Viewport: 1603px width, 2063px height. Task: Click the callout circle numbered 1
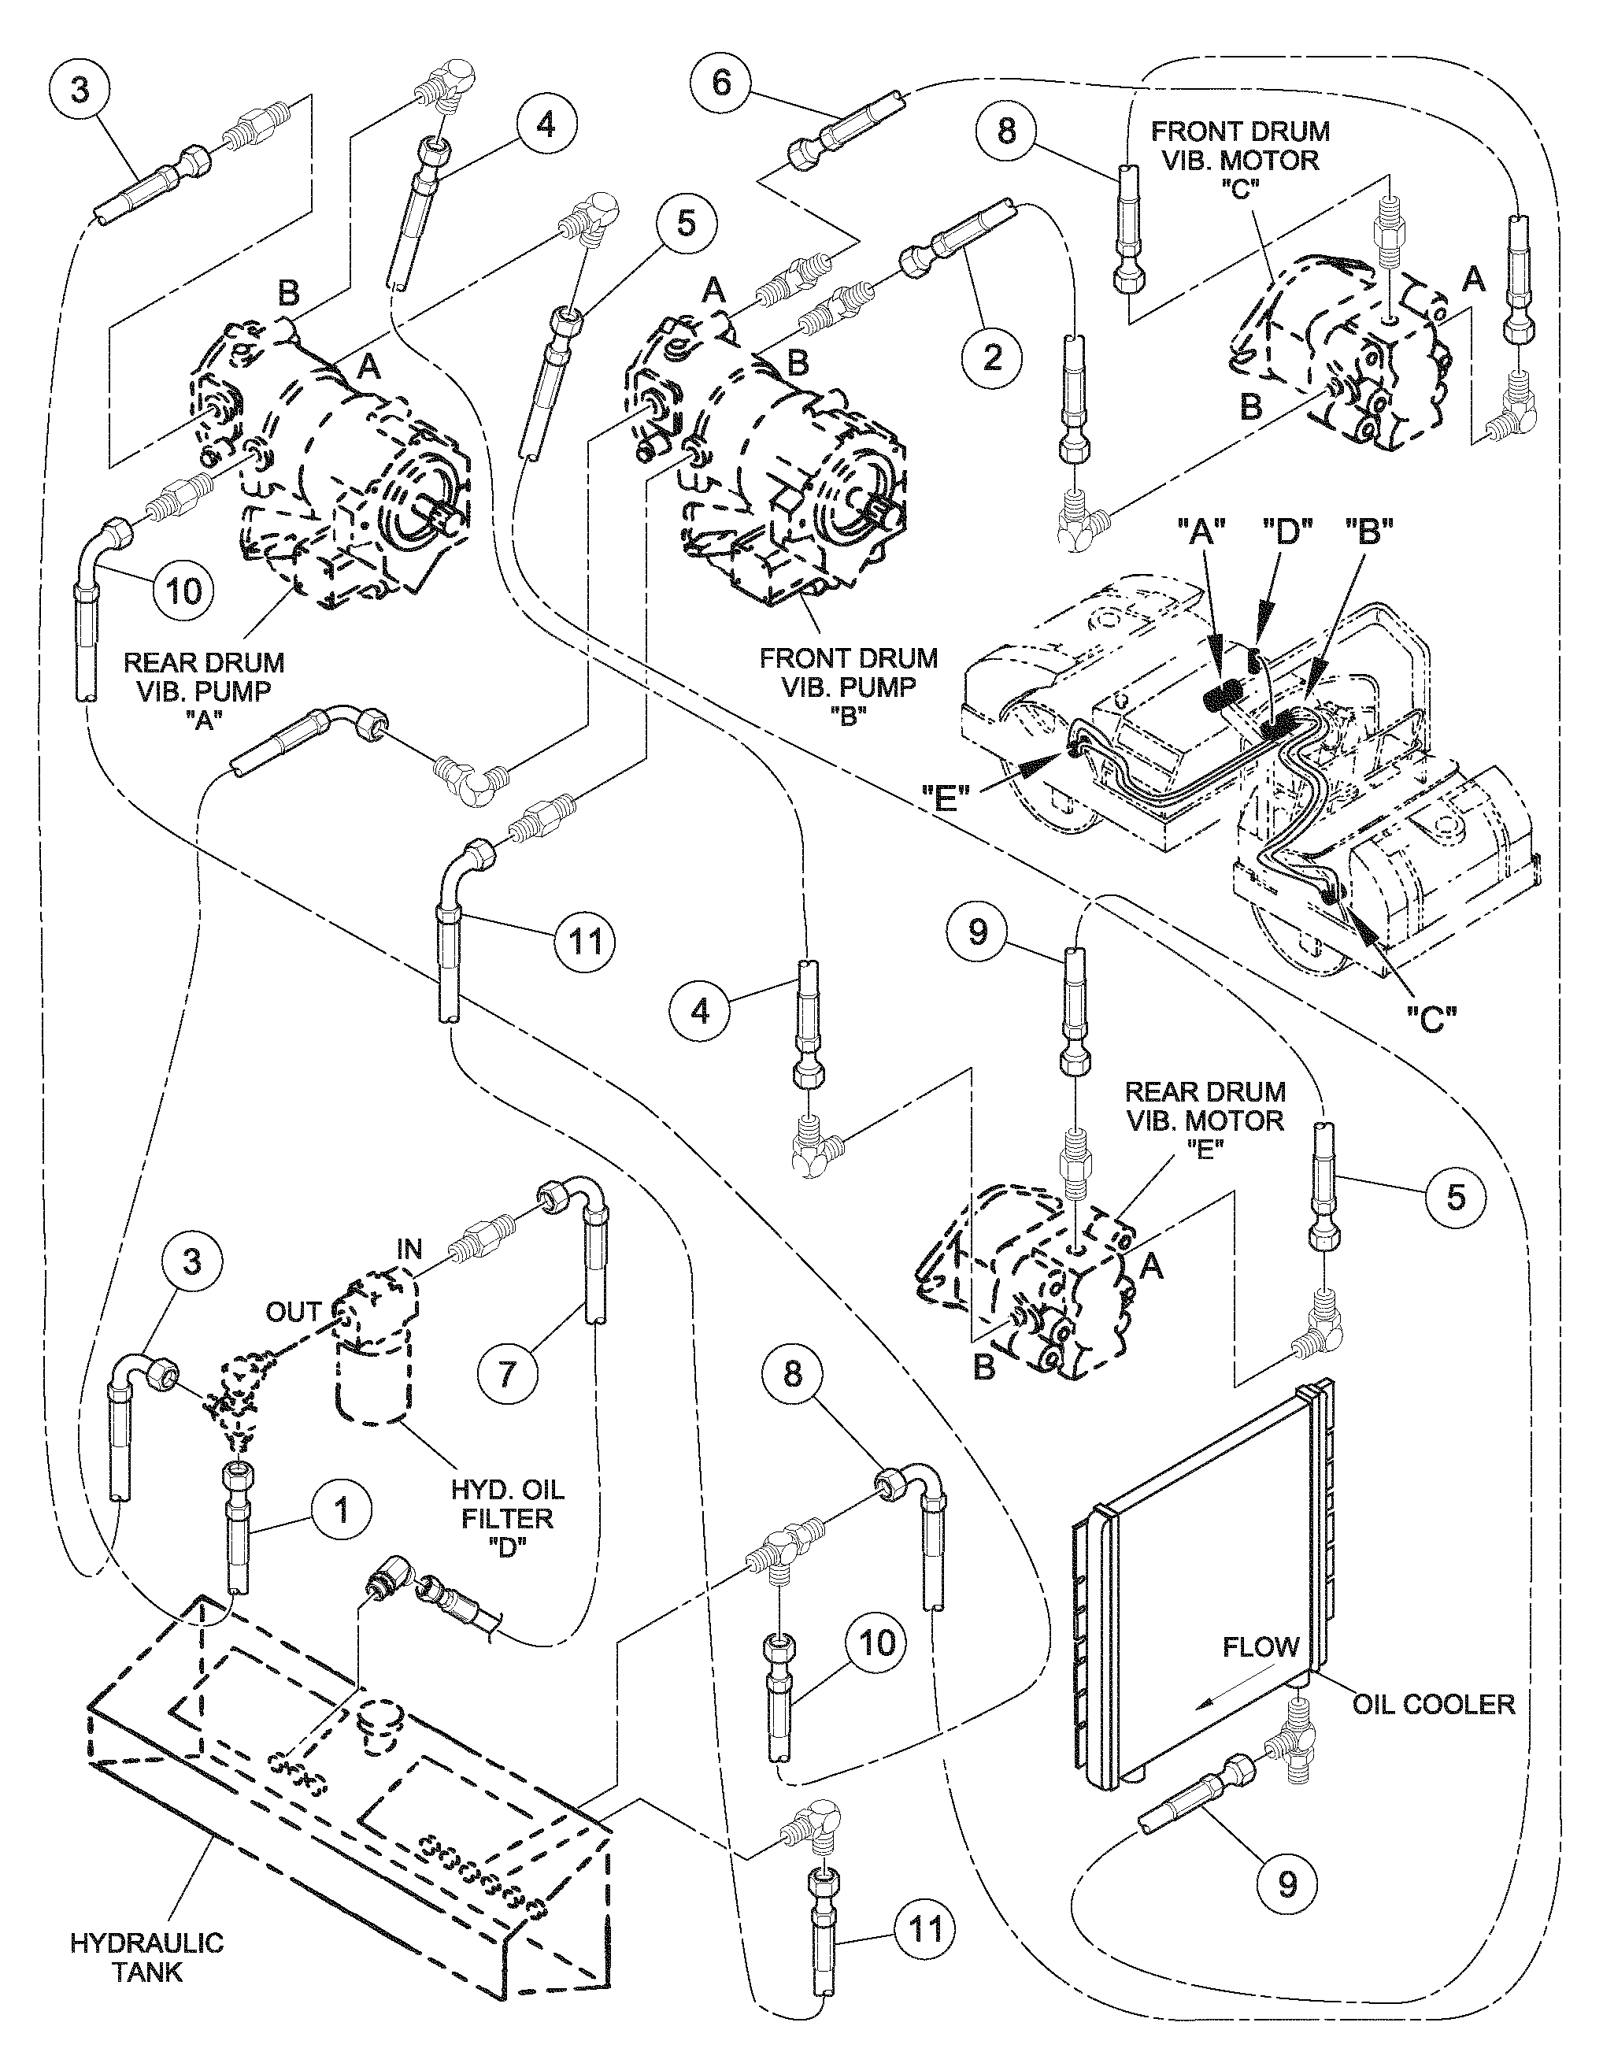[342, 1509]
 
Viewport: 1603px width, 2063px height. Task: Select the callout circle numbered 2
[991, 357]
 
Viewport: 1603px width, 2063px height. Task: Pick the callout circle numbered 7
[507, 1372]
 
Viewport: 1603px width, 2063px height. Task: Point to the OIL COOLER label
[1433, 1703]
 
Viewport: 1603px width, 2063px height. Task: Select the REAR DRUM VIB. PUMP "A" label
[204, 691]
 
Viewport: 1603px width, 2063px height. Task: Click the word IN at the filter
[409, 1250]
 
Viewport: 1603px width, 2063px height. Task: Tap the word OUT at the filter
[293, 1312]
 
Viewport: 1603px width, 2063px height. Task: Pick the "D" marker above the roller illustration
[1282, 535]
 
